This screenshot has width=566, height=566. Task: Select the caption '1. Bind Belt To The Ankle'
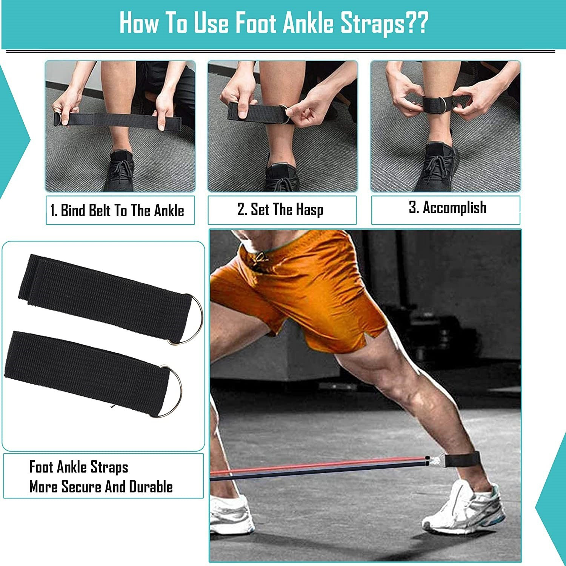click(x=117, y=211)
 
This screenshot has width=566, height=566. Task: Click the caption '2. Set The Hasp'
click(x=280, y=209)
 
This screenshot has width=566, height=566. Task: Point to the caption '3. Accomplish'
click(x=448, y=208)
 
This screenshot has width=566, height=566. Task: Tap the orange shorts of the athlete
click(x=298, y=291)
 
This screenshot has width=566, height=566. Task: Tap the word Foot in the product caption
click(x=41, y=467)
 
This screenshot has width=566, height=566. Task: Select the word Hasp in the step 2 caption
click(x=309, y=209)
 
